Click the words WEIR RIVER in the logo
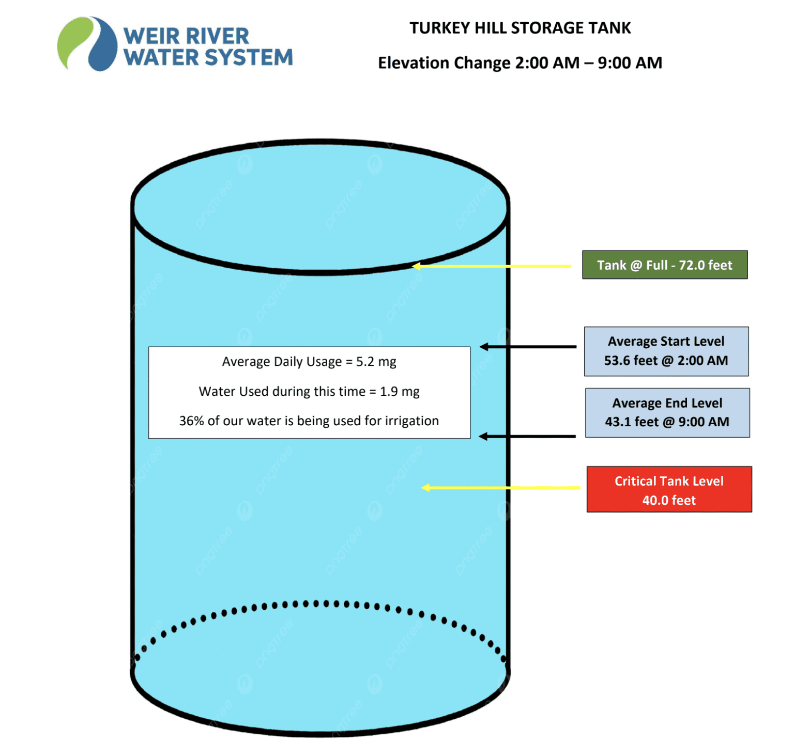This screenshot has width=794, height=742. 186,36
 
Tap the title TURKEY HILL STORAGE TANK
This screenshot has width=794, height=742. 520,28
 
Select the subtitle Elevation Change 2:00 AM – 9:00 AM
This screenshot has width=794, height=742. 520,63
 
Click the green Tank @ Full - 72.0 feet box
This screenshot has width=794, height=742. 665,265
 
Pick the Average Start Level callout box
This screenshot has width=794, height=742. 666,351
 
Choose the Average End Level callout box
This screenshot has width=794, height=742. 667,412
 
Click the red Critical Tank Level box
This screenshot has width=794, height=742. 669,489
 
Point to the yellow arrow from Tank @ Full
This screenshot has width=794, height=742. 491,266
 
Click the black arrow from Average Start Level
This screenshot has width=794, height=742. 527,347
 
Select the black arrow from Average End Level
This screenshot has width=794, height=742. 527,437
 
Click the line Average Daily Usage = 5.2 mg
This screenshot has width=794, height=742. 309,362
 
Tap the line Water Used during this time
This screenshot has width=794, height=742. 309,392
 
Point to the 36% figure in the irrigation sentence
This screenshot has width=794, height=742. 191,421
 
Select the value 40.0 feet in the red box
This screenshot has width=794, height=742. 669,500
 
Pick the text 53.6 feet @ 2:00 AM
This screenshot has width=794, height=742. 666,361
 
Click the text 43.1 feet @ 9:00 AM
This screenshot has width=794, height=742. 667,422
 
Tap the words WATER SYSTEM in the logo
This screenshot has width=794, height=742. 208,57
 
